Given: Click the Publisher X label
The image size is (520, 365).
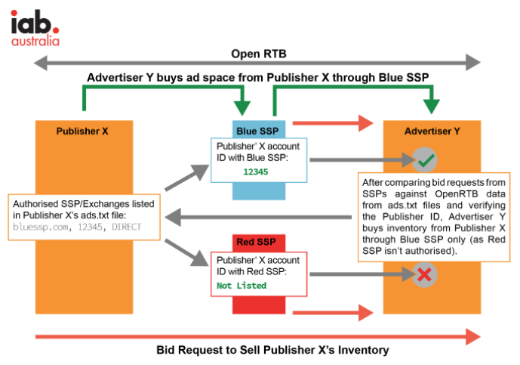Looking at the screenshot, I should [82, 131].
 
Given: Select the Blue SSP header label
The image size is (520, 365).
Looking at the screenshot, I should [259, 130].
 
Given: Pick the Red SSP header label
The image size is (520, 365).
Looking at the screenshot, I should [258, 243].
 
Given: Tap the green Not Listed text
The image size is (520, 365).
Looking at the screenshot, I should [242, 286].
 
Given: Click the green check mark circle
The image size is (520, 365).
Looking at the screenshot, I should [426, 159].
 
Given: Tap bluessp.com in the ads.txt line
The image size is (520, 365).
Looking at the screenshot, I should [39, 227].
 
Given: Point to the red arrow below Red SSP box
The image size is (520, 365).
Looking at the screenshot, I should [332, 311].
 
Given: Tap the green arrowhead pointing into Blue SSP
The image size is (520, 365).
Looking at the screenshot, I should [242, 107].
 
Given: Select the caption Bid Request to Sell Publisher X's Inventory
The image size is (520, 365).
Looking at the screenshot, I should [258, 350].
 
